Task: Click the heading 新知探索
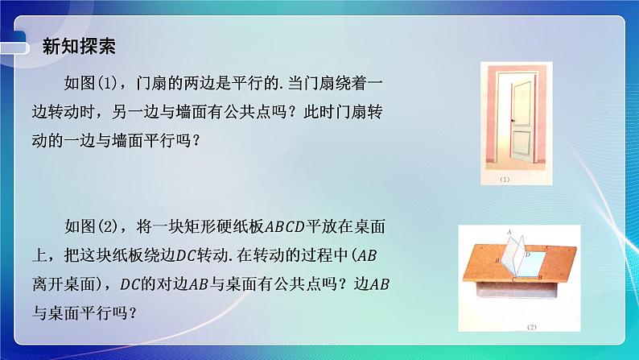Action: (79, 47)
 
